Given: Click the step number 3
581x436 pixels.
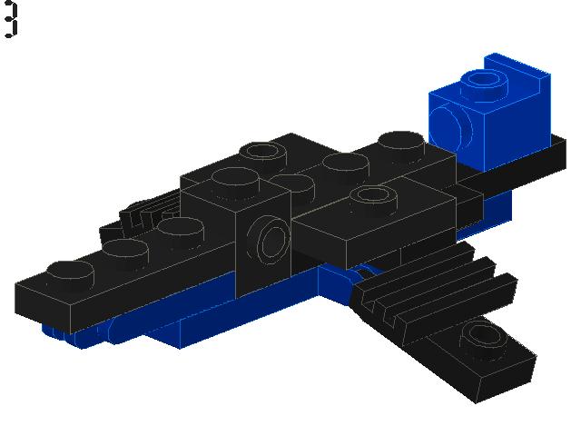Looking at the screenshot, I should click(x=10, y=20).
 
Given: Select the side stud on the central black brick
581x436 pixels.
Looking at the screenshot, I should click(x=271, y=241).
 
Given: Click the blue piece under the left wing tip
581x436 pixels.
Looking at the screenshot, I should click(x=64, y=331).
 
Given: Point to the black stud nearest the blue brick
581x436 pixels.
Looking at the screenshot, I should click(x=400, y=143).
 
